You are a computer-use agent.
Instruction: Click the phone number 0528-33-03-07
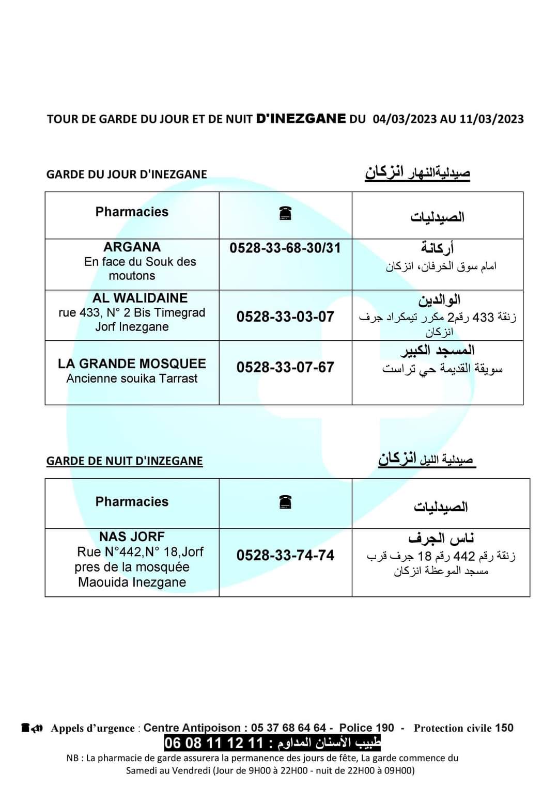(x=285, y=317)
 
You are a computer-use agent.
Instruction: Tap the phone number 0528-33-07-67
(x=285, y=367)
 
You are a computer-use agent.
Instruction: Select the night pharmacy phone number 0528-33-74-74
(x=285, y=555)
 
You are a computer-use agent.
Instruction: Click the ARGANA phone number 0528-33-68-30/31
(x=285, y=248)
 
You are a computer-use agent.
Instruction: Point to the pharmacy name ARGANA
(x=132, y=247)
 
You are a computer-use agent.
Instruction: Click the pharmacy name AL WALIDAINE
(x=132, y=298)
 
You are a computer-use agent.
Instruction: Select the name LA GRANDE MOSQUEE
(x=132, y=364)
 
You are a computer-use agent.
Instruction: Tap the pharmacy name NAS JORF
(x=132, y=536)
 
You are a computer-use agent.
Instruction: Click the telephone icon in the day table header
(x=285, y=213)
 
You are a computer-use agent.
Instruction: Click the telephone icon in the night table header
(x=285, y=501)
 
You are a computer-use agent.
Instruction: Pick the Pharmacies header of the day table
(x=132, y=212)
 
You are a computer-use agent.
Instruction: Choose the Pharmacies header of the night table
(x=132, y=501)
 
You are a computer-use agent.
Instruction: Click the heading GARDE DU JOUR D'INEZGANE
(x=127, y=174)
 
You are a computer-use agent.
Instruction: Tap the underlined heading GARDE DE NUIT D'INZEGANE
(x=125, y=461)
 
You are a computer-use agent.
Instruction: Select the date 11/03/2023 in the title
(x=491, y=119)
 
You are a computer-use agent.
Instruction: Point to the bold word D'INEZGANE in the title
(x=301, y=118)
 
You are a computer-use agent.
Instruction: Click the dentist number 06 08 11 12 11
(x=214, y=744)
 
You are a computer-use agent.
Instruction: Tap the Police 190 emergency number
(x=366, y=728)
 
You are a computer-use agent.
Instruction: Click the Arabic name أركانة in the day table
(x=437, y=249)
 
